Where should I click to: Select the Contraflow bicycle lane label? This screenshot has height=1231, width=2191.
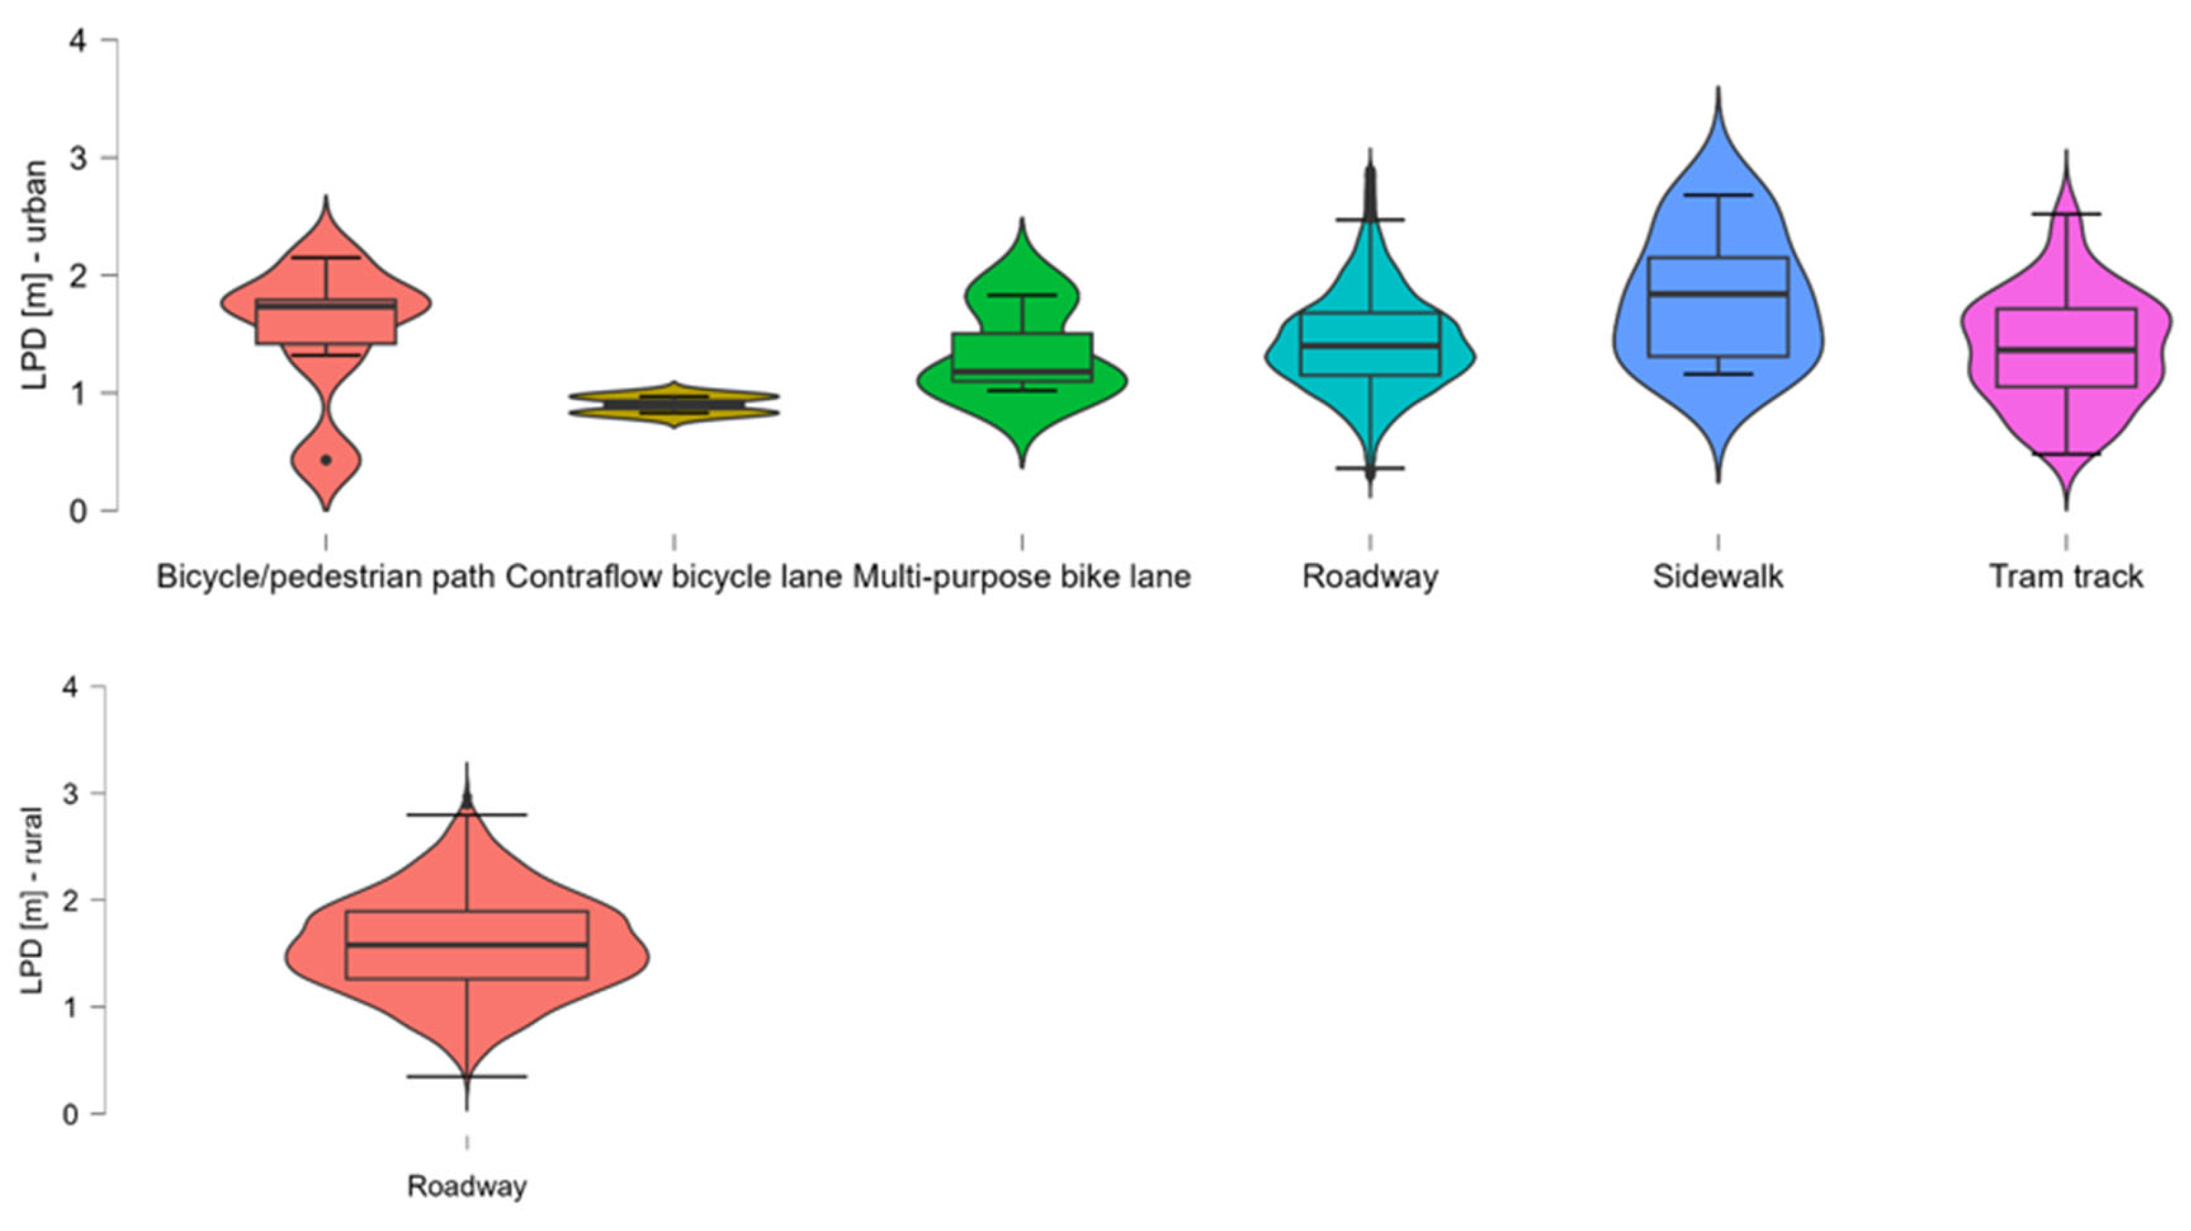pos(673,577)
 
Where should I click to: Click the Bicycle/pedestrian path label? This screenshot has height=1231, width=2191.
pos(326,577)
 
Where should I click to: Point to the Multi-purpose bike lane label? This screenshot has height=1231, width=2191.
pos(1021,577)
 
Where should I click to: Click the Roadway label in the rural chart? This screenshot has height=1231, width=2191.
pos(467,1186)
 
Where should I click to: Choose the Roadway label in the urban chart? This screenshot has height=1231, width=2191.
pos(1371,577)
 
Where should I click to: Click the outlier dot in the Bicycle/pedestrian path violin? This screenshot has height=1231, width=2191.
pos(326,460)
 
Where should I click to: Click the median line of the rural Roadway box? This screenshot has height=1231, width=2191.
pos(467,944)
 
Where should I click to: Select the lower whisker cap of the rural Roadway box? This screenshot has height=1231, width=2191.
pos(467,1076)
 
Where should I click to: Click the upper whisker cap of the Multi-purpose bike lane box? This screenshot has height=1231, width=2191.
pos(1021,295)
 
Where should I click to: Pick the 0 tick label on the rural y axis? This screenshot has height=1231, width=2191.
pos(71,1114)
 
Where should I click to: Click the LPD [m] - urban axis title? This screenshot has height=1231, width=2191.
pos(35,275)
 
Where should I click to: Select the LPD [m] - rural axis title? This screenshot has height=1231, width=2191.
pos(32,900)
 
